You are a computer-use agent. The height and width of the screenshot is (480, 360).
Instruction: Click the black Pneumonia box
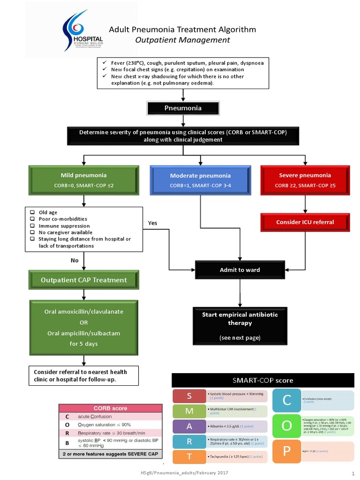[x=183, y=108]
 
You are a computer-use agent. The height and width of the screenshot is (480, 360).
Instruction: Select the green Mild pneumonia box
[x=84, y=180]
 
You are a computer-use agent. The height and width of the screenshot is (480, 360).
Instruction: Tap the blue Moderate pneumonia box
[x=200, y=180]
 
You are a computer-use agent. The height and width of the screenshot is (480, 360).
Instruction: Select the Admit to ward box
[x=240, y=270]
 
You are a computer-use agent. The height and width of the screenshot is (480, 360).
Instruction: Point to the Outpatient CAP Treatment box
[x=84, y=280]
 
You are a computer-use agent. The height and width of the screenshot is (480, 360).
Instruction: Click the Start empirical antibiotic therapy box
[x=240, y=326]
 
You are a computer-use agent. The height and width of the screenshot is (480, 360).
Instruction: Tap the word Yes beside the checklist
[x=152, y=223]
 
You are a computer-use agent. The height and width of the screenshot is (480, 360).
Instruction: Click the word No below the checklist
[x=75, y=261]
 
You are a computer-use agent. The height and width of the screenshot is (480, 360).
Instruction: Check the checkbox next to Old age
[x=32, y=212]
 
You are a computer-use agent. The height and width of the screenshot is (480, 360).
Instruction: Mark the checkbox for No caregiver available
[x=32, y=232]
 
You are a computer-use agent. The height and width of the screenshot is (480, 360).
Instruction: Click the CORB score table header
[x=110, y=408]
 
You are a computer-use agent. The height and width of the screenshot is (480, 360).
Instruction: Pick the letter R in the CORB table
[x=67, y=433]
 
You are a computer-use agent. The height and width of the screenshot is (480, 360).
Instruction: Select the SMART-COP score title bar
[x=263, y=380]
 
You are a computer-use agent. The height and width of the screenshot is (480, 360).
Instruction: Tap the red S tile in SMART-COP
[x=189, y=397]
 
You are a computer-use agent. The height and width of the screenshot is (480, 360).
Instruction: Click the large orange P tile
[x=287, y=451]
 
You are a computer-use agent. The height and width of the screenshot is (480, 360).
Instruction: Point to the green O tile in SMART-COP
[x=287, y=425]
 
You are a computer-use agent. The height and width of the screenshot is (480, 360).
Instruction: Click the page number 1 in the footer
[x=352, y=473]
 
